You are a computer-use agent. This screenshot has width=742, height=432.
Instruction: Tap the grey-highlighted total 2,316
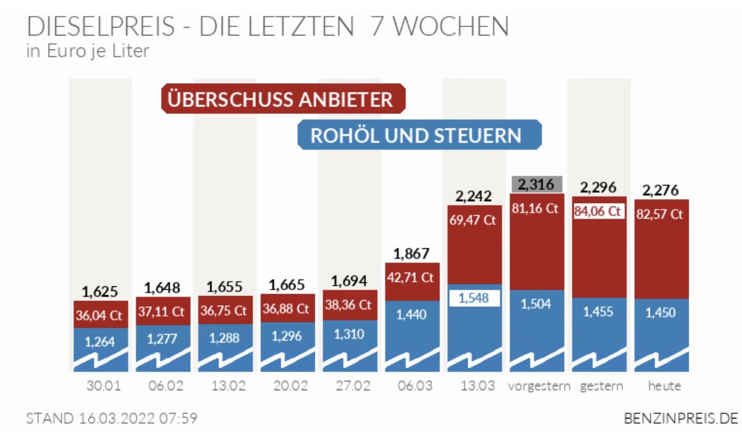pyautogui.click(x=537, y=184)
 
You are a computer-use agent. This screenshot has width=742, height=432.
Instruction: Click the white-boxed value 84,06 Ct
pyautogui.click(x=597, y=211)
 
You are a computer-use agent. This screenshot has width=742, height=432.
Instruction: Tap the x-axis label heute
pyautogui.click(x=664, y=387)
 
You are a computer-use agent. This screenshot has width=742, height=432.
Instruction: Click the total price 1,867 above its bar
pyautogui.click(x=412, y=253)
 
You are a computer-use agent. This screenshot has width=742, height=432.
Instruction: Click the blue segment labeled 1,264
pyautogui.click(x=100, y=342)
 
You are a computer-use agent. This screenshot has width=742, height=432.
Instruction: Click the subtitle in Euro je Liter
pyautogui.click(x=88, y=51)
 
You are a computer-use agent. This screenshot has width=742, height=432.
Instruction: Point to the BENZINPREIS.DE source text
pyautogui.click(x=681, y=418)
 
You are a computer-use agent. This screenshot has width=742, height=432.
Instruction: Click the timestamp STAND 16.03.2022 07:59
pyautogui.click(x=111, y=418)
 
